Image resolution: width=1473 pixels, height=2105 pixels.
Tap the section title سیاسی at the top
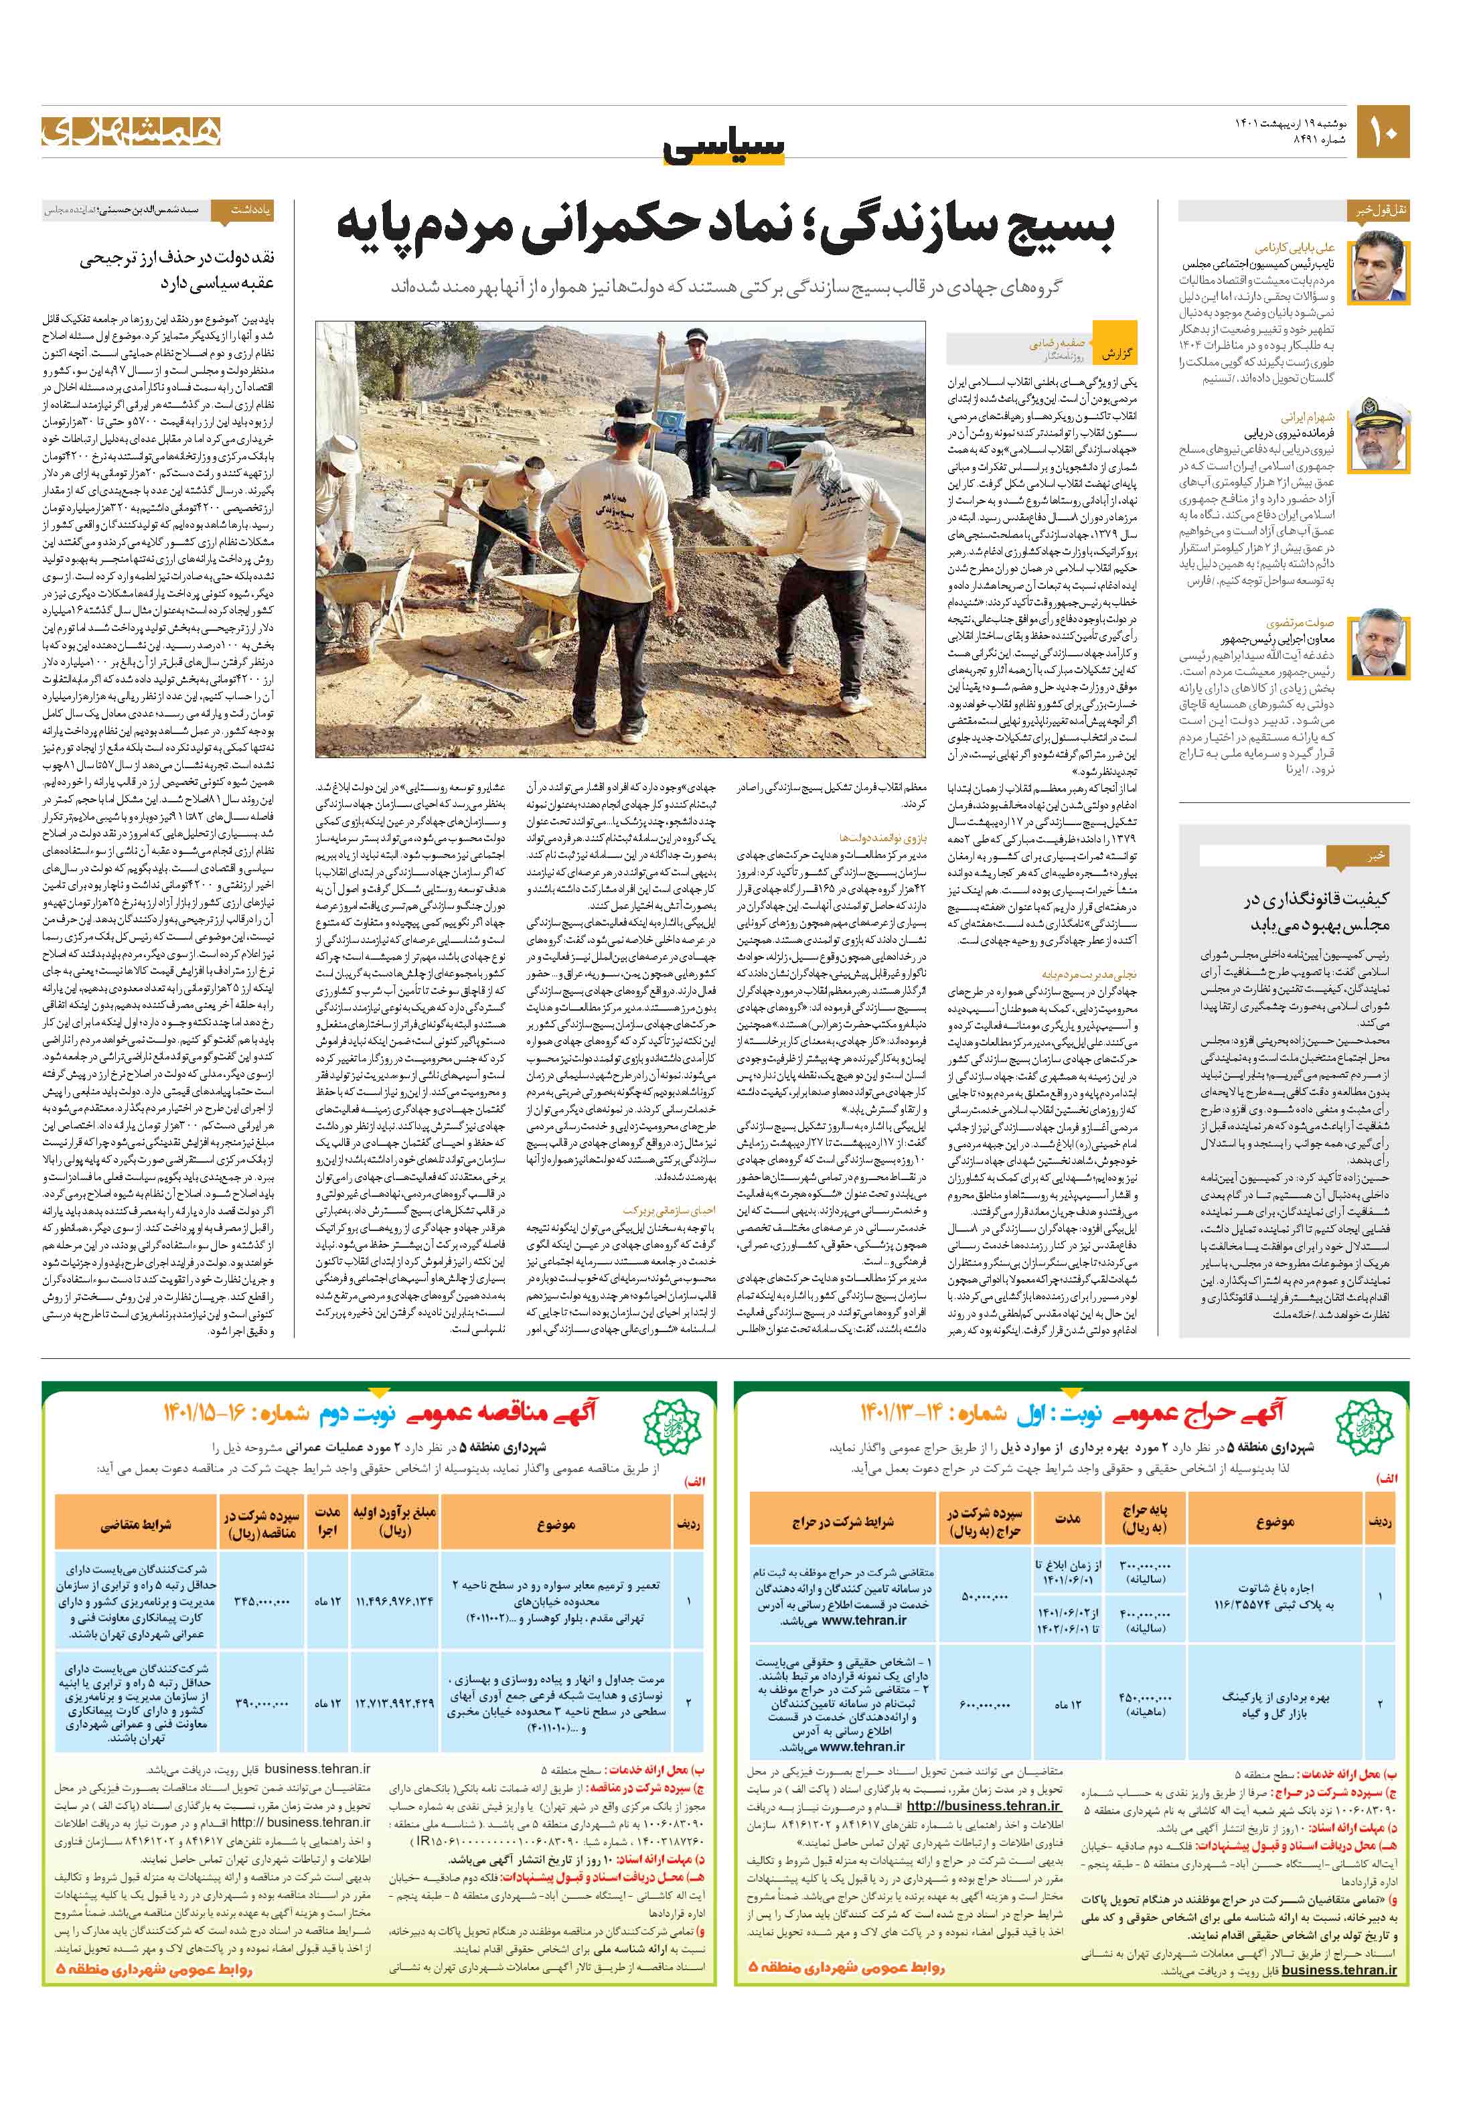(x=724, y=147)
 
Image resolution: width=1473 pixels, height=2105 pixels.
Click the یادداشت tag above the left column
(x=243, y=210)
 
